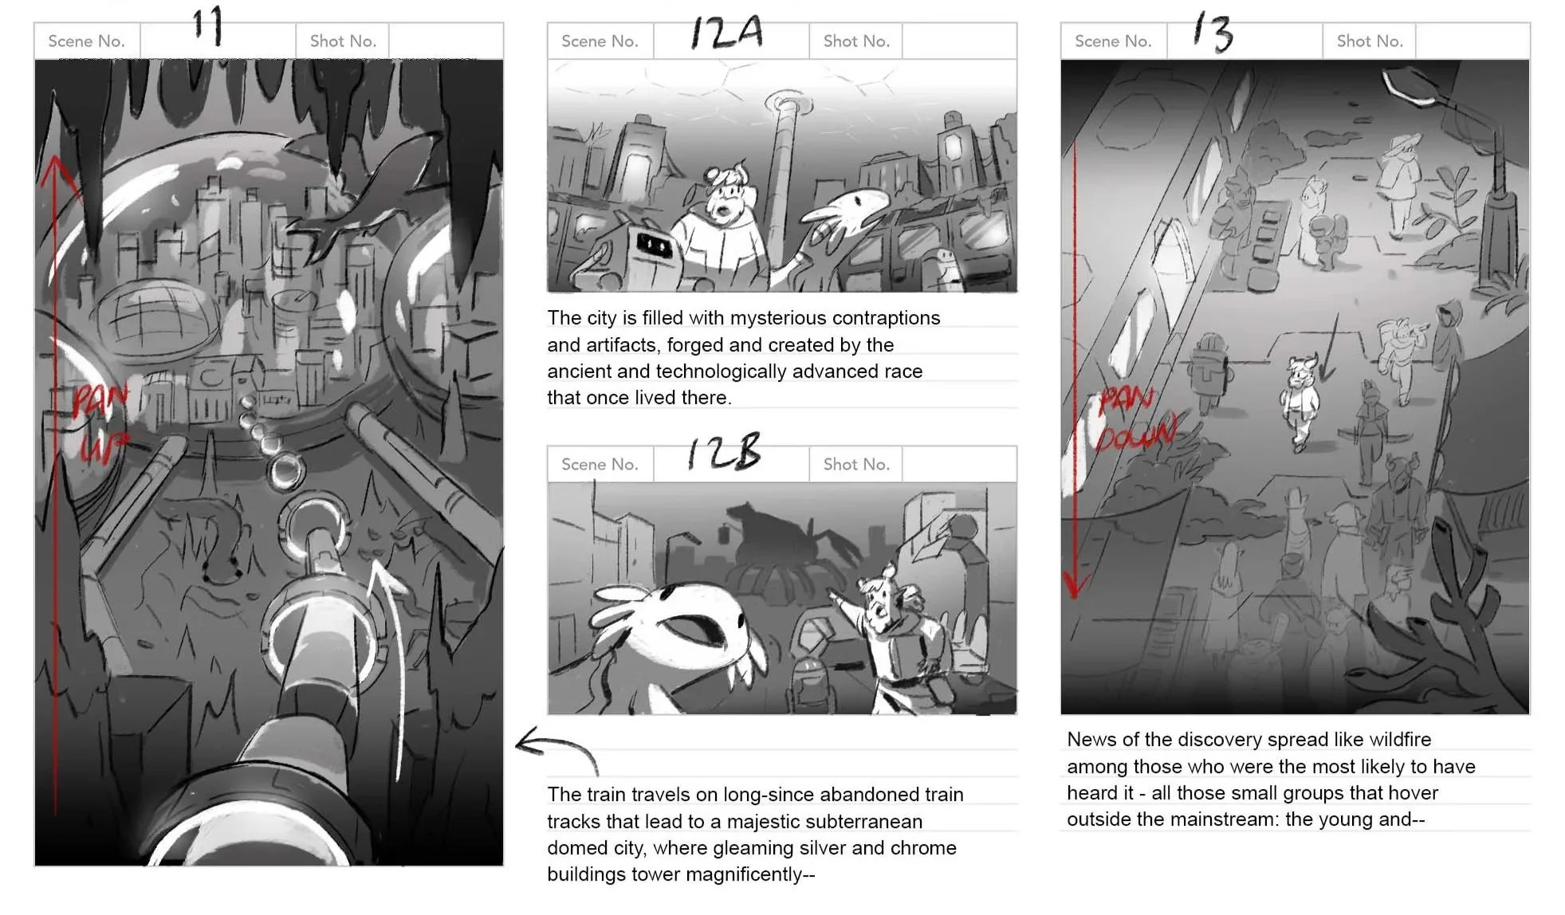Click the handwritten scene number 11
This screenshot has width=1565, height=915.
pos(208,26)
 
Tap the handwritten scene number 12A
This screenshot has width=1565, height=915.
pos(726,33)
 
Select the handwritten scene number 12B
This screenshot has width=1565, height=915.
pos(725,453)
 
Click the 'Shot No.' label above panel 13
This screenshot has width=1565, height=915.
pos(1370,41)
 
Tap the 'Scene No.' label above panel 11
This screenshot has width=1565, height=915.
pos(86,41)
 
